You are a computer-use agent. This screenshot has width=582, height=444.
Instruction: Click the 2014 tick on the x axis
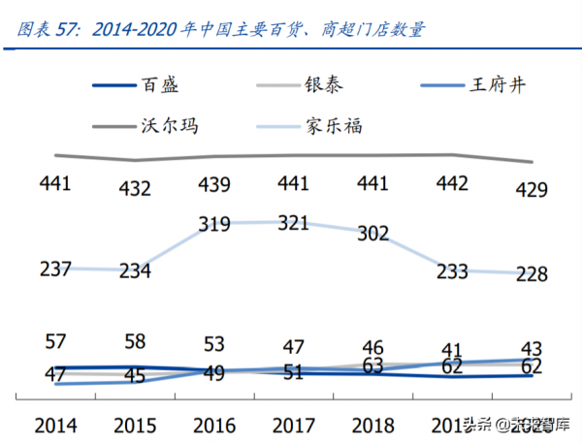(x=55, y=425)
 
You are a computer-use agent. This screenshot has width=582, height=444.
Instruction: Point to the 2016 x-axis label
(x=214, y=425)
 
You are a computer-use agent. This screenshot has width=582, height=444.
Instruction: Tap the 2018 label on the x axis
(x=373, y=425)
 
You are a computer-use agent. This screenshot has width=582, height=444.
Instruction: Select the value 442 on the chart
(x=452, y=183)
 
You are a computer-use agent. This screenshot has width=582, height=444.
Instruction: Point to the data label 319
(x=213, y=224)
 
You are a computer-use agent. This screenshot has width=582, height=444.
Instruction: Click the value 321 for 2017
(x=293, y=224)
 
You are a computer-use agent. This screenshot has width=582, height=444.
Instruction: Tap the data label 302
(x=372, y=233)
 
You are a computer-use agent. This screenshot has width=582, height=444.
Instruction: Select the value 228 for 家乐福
(x=531, y=274)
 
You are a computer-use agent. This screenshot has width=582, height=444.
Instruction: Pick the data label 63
(x=373, y=365)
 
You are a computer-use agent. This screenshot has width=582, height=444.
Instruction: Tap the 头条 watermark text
(x=469, y=423)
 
